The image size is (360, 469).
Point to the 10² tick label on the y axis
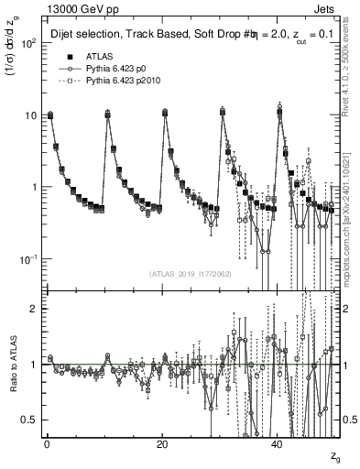click(27, 43)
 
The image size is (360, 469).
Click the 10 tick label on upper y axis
click(29, 115)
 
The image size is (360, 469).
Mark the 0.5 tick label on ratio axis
click(29, 420)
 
